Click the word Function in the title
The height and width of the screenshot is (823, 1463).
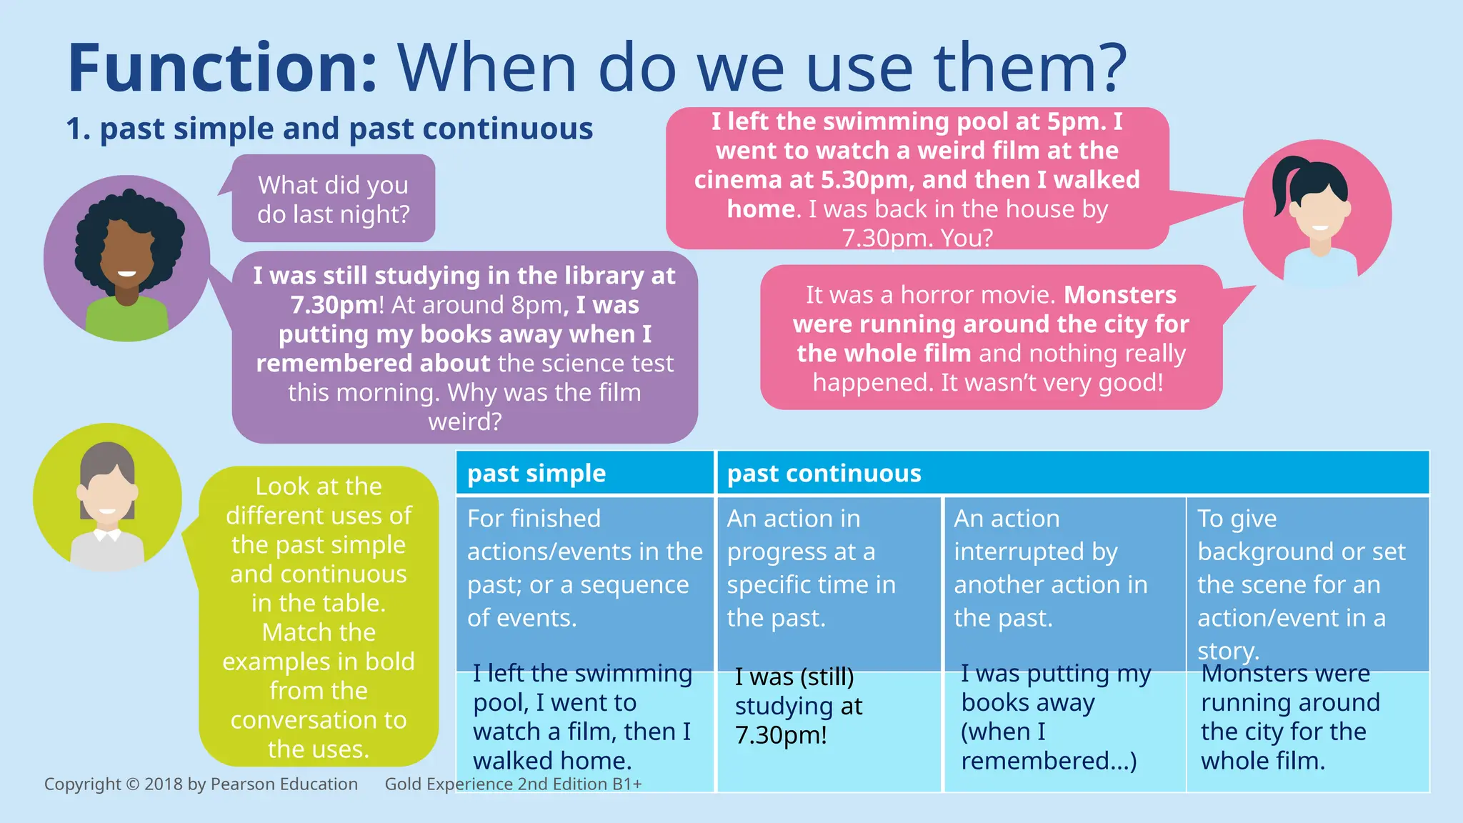pos(221,69)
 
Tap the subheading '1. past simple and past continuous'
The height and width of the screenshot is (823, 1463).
pos(329,129)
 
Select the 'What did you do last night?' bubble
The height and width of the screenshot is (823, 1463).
pos(333,199)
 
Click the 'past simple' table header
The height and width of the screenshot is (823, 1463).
pos(536,474)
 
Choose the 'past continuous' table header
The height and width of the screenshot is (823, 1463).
pos(824,474)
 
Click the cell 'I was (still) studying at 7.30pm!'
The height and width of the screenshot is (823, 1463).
pos(799,706)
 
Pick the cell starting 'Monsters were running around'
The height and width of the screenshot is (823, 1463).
pos(1289,717)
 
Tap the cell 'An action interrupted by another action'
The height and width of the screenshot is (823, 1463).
pos(1050,568)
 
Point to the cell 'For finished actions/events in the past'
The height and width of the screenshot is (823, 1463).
pos(584,568)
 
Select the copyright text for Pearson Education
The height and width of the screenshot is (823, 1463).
pos(201,784)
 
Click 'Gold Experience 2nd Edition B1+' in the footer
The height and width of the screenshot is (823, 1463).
pos(513,784)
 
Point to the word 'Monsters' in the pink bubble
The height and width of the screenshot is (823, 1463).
pos(1120,295)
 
